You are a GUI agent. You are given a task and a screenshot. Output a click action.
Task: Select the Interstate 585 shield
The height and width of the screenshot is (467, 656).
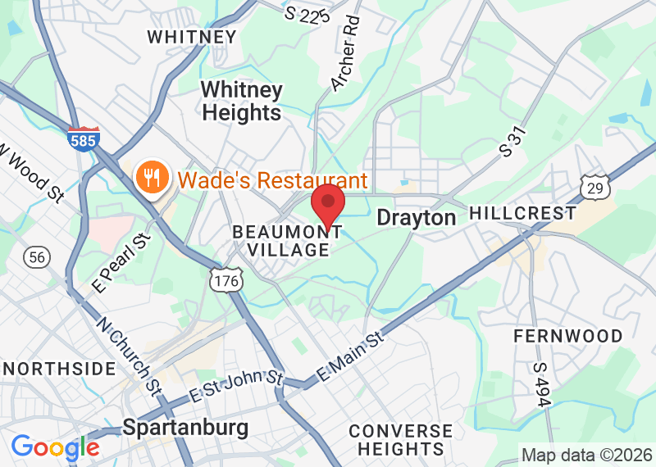pyautogui.click(x=84, y=138)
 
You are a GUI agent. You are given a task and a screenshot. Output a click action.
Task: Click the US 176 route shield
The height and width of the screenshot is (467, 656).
pyautogui.click(x=224, y=279)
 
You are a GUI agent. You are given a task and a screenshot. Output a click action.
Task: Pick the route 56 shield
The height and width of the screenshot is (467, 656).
pyautogui.click(x=36, y=257)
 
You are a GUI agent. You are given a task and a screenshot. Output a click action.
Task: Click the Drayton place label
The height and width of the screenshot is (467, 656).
pyautogui.click(x=416, y=217)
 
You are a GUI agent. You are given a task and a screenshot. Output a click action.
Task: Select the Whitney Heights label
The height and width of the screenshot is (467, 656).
pyautogui.click(x=242, y=102)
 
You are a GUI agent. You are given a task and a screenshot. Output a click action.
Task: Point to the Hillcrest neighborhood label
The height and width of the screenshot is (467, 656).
pyautogui.click(x=522, y=213)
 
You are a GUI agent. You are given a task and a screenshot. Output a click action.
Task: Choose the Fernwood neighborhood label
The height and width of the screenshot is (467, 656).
pyautogui.click(x=567, y=336)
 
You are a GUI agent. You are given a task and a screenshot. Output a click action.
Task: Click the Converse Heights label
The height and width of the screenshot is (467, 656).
pyautogui.click(x=400, y=440)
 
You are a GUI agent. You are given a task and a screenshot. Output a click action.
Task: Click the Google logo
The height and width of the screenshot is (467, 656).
pyautogui.click(x=55, y=447)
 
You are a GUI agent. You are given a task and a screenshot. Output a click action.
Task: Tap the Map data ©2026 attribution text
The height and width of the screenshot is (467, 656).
pyautogui.click(x=587, y=455)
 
